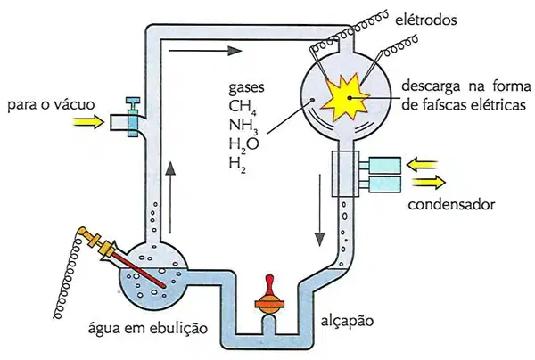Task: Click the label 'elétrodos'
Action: tap(426, 20)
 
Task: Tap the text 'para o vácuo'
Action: tap(51, 104)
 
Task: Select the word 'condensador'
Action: tap(451, 205)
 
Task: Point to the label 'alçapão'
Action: tap(348, 321)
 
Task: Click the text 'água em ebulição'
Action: tap(148, 328)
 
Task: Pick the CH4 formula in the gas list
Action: tap(243, 107)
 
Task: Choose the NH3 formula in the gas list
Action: tap(243, 126)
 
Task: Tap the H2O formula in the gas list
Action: tap(244, 144)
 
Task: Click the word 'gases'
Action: tap(246, 87)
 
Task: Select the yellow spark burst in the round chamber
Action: tap(344, 96)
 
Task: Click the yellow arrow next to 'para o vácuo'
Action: tap(88, 121)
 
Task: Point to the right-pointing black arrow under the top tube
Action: tap(205, 51)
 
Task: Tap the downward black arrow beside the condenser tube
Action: tap(320, 210)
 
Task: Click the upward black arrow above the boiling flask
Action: tap(170, 197)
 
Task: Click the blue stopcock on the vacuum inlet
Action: tap(133, 117)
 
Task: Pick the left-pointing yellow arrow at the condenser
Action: tap(422, 165)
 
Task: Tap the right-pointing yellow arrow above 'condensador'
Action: tap(429, 183)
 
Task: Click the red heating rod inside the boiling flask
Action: tap(139, 270)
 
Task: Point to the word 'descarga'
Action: tap(431, 87)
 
